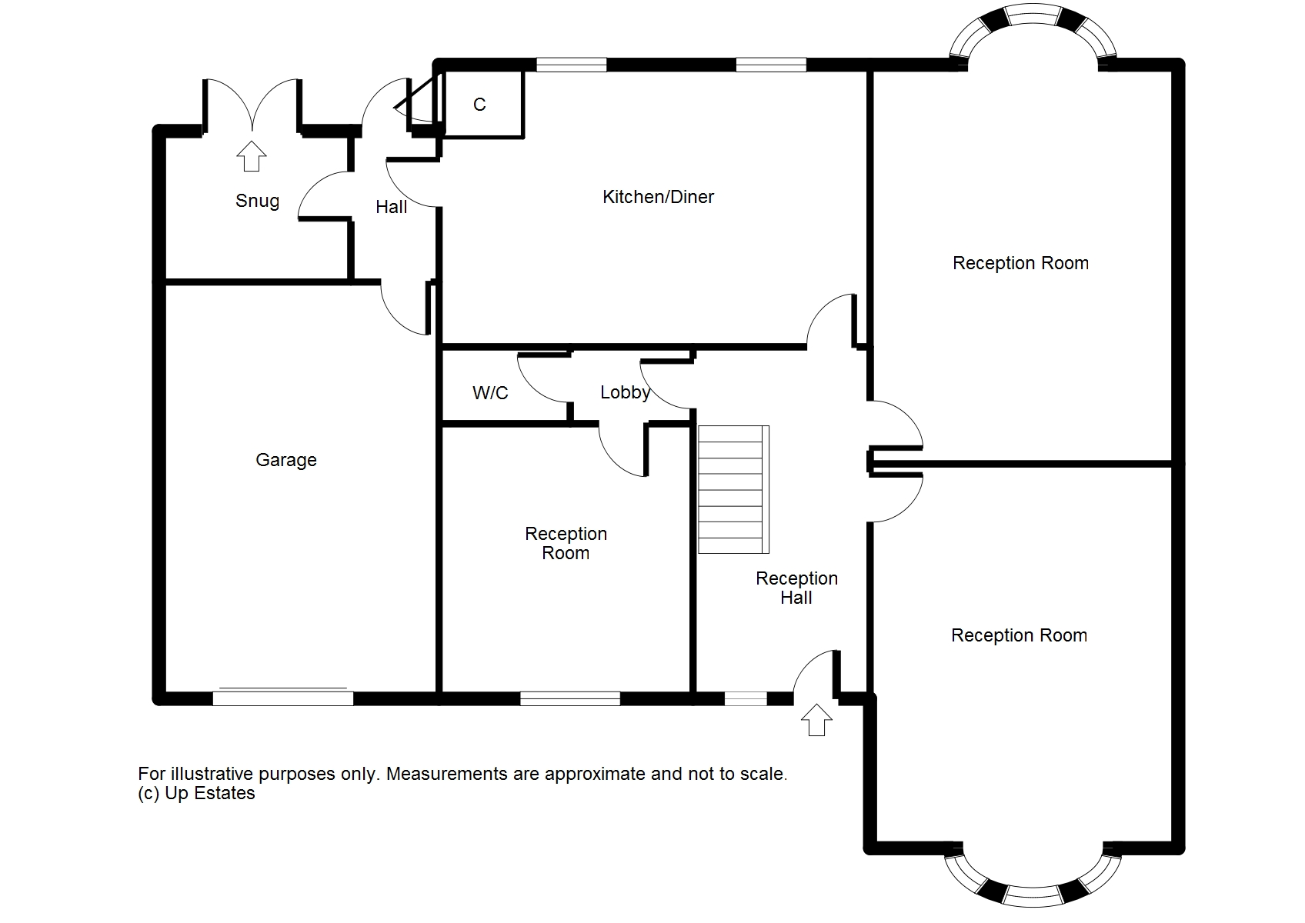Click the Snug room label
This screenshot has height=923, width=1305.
tap(257, 202)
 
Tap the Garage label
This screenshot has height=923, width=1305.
tap(286, 460)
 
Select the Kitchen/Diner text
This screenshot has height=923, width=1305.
tap(658, 197)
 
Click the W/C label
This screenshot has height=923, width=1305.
tap(490, 393)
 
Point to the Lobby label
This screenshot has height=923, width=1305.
tap(625, 392)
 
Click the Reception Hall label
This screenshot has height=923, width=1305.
tap(796, 588)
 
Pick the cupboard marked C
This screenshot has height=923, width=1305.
tap(479, 105)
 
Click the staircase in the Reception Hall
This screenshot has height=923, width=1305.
tap(733, 489)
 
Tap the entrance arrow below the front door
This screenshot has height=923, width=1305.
tap(816, 721)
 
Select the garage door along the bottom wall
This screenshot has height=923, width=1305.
tap(282, 697)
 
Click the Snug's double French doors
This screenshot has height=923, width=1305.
tap(252, 104)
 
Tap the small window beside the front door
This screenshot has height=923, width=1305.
tap(746, 698)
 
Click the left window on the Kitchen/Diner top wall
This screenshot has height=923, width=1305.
tap(571, 65)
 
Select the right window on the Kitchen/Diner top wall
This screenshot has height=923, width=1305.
tap(771, 65)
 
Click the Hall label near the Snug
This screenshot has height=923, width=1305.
tap(391, 207)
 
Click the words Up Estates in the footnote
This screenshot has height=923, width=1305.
tap(210, 793)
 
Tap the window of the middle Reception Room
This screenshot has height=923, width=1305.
tap(569, 698)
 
